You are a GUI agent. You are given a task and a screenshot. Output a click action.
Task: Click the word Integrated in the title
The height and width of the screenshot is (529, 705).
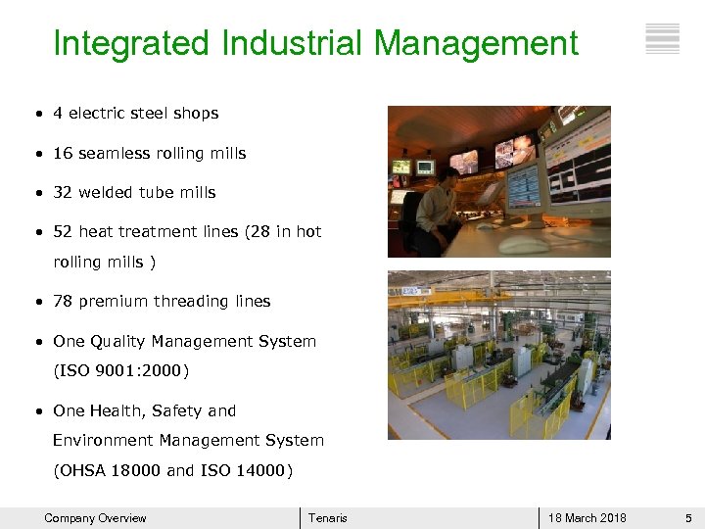(131, 43)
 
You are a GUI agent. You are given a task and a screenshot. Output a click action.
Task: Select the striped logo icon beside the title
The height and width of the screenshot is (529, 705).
(663, 38)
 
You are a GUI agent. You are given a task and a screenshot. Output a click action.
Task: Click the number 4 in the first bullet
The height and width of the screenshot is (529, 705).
(58, 114)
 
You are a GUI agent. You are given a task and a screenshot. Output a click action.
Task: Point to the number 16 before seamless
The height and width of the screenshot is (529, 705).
(63, 154)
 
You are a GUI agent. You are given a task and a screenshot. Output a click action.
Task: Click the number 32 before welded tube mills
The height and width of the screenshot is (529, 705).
(63, 193)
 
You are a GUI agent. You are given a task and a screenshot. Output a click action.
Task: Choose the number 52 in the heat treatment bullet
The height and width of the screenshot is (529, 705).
(63, 232)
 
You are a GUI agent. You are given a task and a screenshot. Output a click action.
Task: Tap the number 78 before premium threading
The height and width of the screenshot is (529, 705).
(63, 302)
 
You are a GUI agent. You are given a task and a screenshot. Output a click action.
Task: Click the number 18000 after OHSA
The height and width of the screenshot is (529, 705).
(133, 471)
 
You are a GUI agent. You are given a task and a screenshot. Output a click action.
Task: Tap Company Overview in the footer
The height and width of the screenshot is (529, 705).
(95, 518)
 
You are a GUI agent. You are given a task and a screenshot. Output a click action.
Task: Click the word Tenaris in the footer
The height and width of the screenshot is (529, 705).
(327, 518)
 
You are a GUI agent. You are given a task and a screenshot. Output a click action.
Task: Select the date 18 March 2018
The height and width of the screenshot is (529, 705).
(587, 518)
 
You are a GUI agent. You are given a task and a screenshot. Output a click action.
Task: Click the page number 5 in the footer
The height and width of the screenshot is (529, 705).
(688, 518)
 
